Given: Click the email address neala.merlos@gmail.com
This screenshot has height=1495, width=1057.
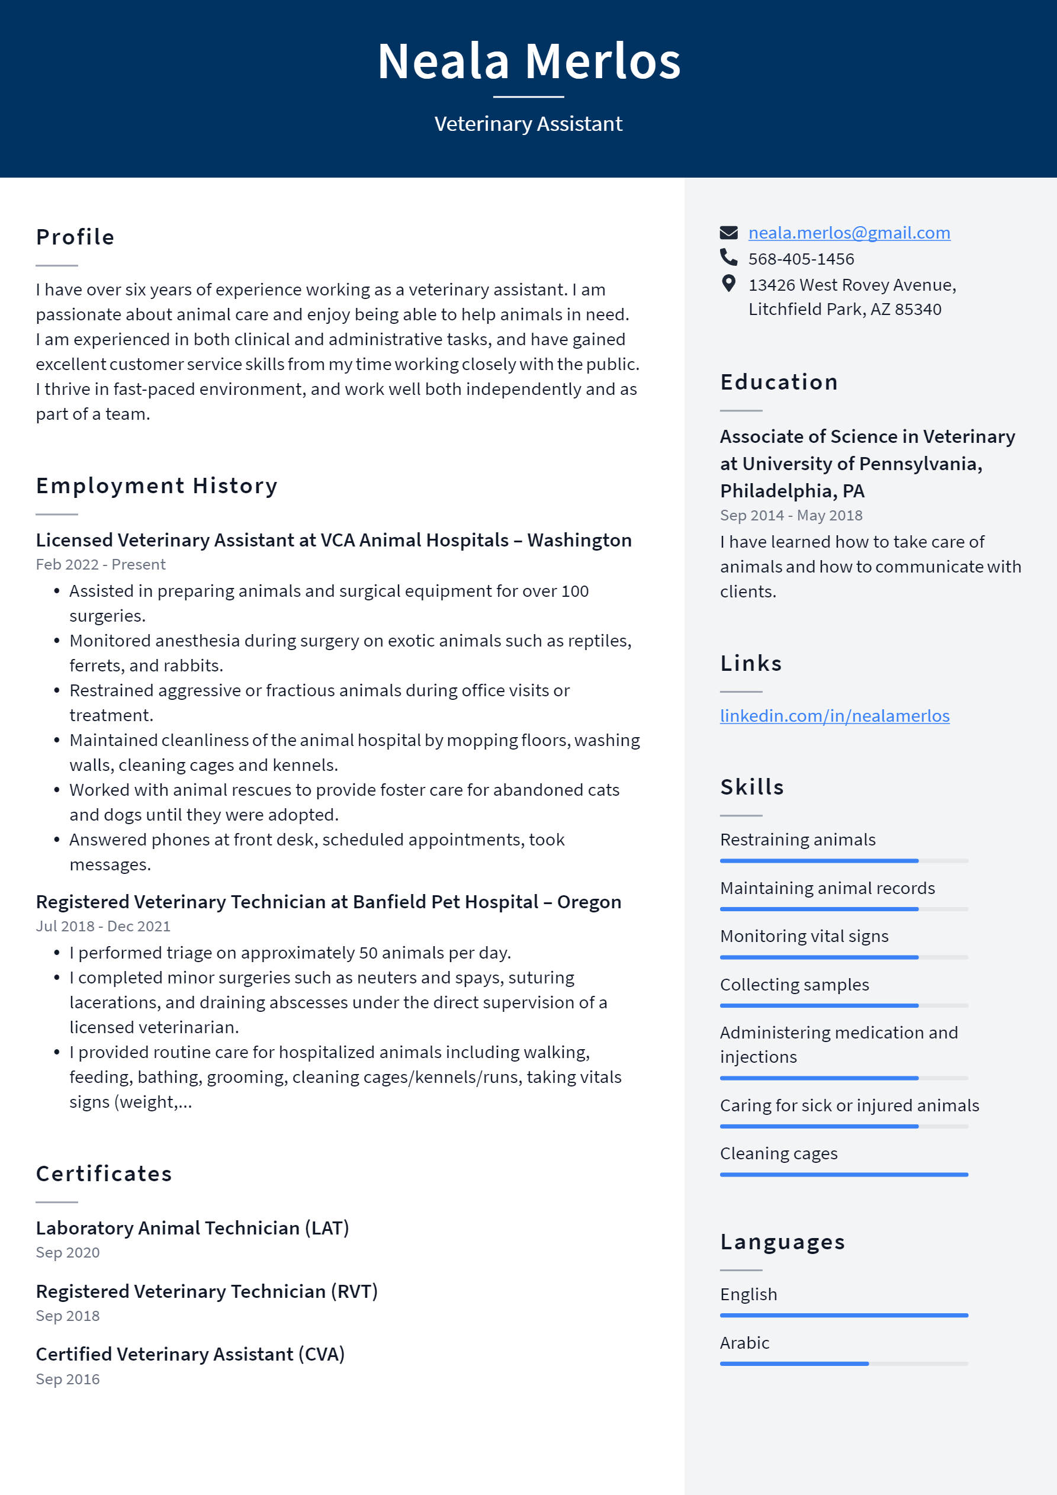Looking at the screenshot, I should pyautogui.click(x=849, y=233).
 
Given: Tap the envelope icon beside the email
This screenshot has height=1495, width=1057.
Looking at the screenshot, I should pyautogui.click(x=728, y=233).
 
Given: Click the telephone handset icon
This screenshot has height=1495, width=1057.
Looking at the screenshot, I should pyautogui.click(x=728, y=258).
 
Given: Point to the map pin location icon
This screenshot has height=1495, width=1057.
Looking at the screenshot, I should pyautogui.click(x=728, y=283).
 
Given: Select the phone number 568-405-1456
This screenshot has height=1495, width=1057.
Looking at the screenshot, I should pyautogui.click(x=801, y=259).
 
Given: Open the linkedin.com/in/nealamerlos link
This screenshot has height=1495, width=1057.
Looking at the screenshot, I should pyautogui.click(x=834, y=716).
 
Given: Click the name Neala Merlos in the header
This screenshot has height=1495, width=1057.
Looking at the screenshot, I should pyautogui.click(x=529, y=61).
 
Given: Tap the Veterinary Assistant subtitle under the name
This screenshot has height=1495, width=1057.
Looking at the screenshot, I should pyautogui.click(x=528, y=124).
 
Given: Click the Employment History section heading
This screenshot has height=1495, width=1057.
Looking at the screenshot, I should pyautogui.click(x=156, y=486).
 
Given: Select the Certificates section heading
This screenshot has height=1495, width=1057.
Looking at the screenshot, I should pyautogui.click(x=104, y=1174).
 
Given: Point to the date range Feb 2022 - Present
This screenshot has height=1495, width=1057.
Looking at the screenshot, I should pyautogui.click(x=100, y=564).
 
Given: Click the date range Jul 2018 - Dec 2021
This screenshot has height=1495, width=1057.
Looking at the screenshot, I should pyautogui.click(x=103, y=926).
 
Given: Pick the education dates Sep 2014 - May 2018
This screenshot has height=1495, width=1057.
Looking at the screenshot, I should pyautogui.click(x=791, y=516).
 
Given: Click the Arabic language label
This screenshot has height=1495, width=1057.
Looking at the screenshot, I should pyautogui.click(x=744, y=1343).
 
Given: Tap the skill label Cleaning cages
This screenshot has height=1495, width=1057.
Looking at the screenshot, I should pyautogui.click(x=778, y=1153).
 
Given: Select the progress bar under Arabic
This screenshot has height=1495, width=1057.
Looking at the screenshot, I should pyautogui.click(x=843, y=1364).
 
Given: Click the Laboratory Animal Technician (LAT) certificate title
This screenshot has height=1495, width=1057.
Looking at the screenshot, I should pyautogui.click(x=192, y=1228).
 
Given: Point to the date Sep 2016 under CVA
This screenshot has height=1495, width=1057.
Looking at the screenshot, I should pyautogui.click(x=68, y=1379).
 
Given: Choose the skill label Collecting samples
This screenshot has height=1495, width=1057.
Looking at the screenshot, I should pyautogui.click(x=794, y=985).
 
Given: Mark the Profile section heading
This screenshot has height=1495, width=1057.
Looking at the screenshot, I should pyautogui.click(x=75, y=237).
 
